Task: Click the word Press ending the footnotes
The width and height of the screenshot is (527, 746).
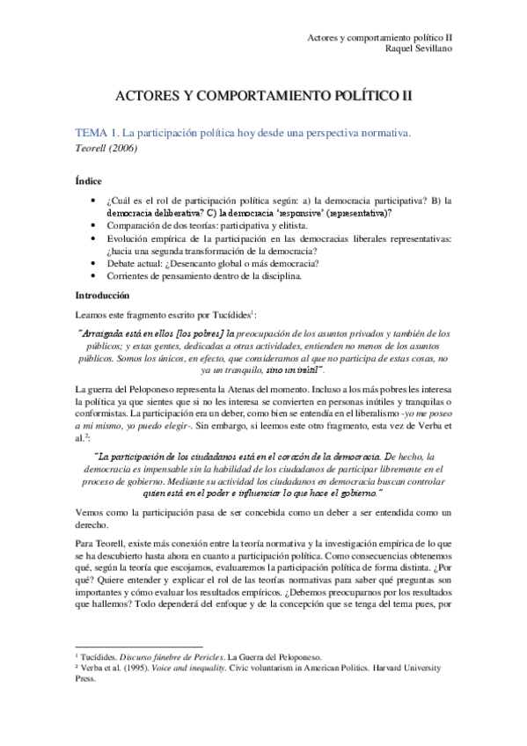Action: click(86, 704)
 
